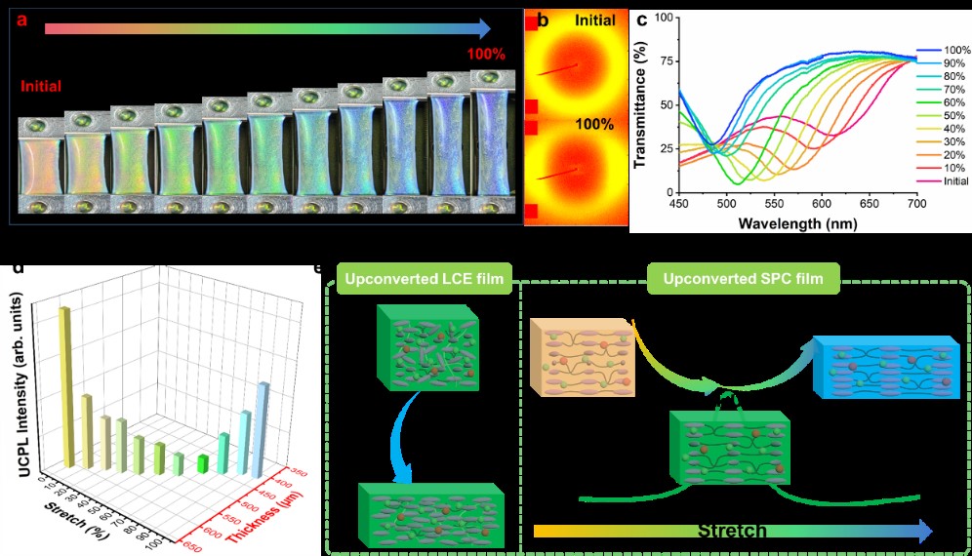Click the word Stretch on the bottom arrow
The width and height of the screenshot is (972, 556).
(x=731, y=531)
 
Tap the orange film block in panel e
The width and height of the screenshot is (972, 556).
(x=583, y=363)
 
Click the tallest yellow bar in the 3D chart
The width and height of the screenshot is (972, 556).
(x=67, y=386)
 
